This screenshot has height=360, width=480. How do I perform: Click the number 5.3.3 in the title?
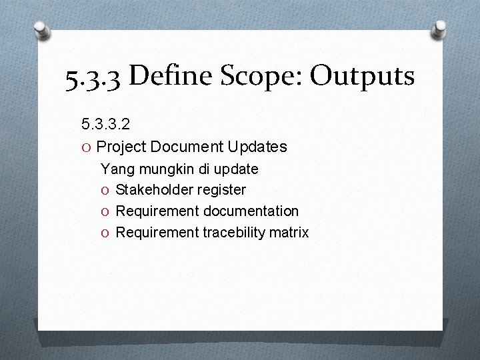[93, 78]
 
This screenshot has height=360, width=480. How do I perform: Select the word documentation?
[253, 211]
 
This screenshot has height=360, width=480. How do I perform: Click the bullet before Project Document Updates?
[86, 147]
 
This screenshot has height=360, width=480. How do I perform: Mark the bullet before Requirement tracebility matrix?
[105, 233]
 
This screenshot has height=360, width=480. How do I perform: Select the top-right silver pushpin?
[439, 28]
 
